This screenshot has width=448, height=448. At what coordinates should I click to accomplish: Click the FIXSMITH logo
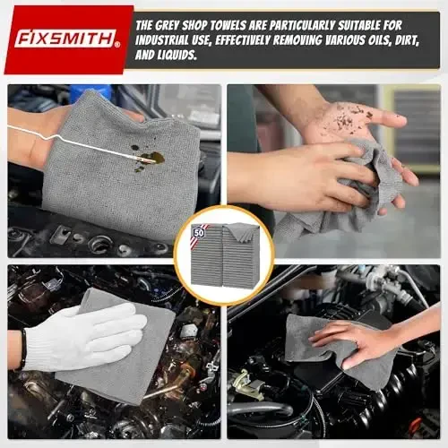click(x=67, y=40)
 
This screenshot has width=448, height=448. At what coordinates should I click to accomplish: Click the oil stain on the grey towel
click(x=148, y=159)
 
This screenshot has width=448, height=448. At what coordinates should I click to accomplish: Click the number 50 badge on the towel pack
click(x=197, y=231)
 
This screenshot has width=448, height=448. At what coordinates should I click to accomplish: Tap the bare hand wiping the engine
click(x=358, y=340)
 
